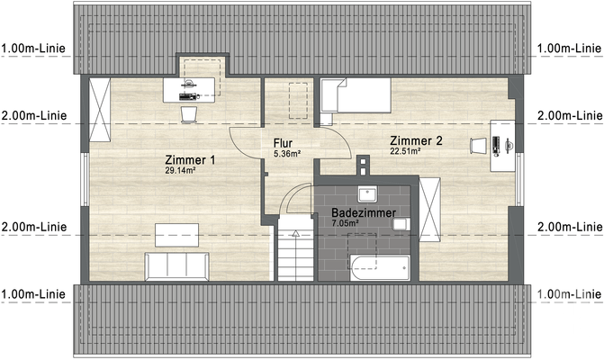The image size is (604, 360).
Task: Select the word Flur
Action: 283,143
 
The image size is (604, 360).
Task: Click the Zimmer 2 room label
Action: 416,140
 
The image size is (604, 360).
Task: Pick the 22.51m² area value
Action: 406,151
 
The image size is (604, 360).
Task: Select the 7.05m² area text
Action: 346,222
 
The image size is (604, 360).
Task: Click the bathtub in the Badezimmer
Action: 379,265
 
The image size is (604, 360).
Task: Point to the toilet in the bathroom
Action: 401,223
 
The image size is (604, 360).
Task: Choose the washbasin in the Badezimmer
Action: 366,194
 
